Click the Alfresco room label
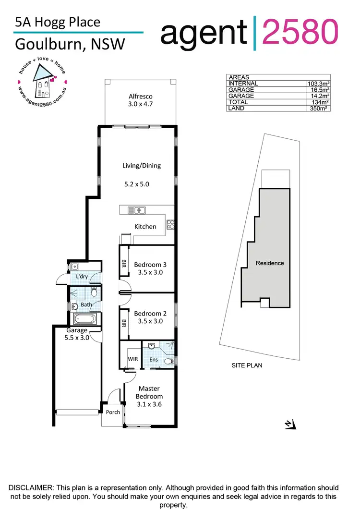[141, 96]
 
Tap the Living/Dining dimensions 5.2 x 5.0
[140, 183]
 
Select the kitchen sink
[137, 210]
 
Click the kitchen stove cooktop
[170, 223]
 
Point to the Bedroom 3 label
[151, 265]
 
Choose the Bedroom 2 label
[150, 314]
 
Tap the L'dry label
[82, 277]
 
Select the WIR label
[132, 359]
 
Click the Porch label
[113, 412]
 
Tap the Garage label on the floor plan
[77, 330]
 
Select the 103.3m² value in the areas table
[318, 84]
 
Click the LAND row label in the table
[236, 109]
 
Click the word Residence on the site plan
[270, 263]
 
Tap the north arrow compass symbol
[290, 424]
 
